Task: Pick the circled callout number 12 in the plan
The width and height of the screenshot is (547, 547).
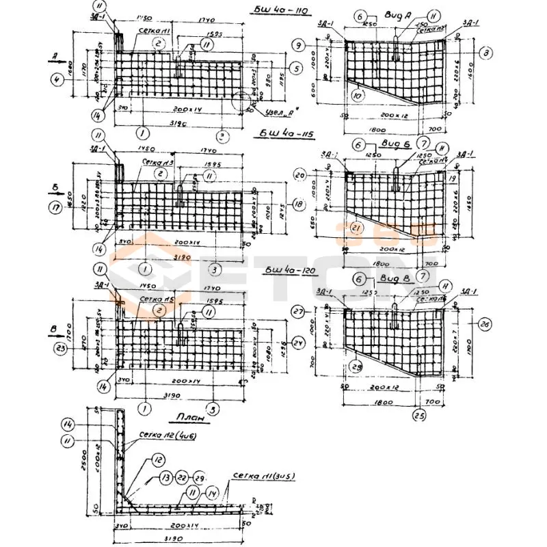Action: pyautogui.click(x=158, y=461)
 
